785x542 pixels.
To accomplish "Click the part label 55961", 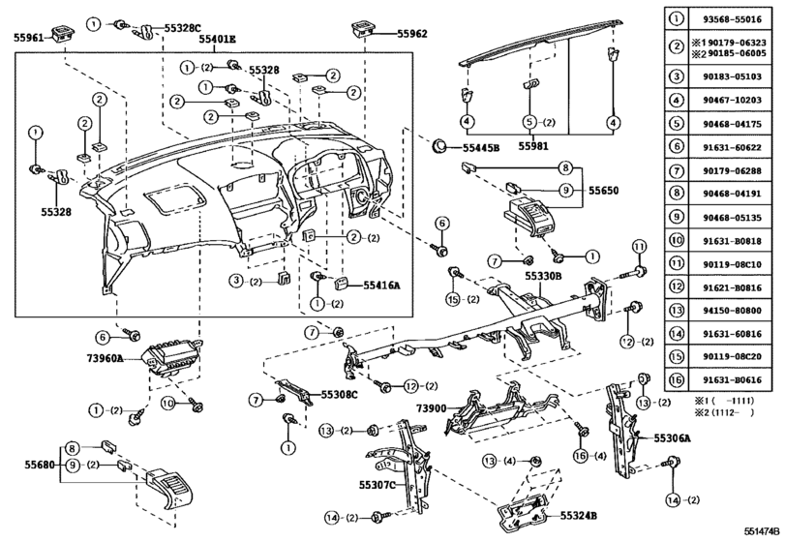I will point(28,38).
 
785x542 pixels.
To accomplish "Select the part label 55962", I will point(412,33).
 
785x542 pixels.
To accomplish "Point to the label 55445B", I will point(480,148).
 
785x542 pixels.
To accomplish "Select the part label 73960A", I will point(104,357).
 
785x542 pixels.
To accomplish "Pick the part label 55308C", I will point(338,395).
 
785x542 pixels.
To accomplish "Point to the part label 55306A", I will point(672,438).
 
